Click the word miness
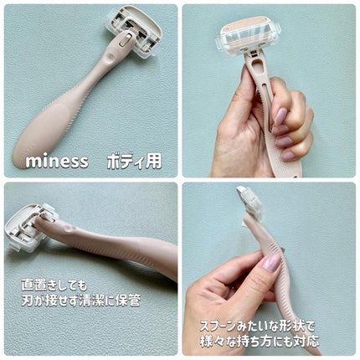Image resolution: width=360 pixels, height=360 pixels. pyautogui.click(x=57, y=162)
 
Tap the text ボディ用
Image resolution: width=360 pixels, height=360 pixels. pyautogui.click(x=135, y=161)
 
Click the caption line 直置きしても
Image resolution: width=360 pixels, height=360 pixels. pyautogui.click(x=54, y=285)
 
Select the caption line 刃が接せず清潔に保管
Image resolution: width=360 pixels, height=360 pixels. pyautogui.click(x=80, y=301)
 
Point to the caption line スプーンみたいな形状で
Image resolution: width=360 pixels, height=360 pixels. pyautogui.click(x=257, y=327)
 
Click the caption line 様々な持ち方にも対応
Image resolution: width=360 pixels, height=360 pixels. pyautogui.click(x=260, y=342)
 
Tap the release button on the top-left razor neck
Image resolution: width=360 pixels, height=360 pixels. pyautogui.click(x=125, y=40)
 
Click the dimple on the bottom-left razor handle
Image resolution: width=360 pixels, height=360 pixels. pyautogui.click(x=69, y=230)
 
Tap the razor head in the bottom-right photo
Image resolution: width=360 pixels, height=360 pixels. pyautogui.click(x=249, y=202)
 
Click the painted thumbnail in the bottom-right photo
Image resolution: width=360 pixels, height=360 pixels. pyautogui.click(x=272, y=262)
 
